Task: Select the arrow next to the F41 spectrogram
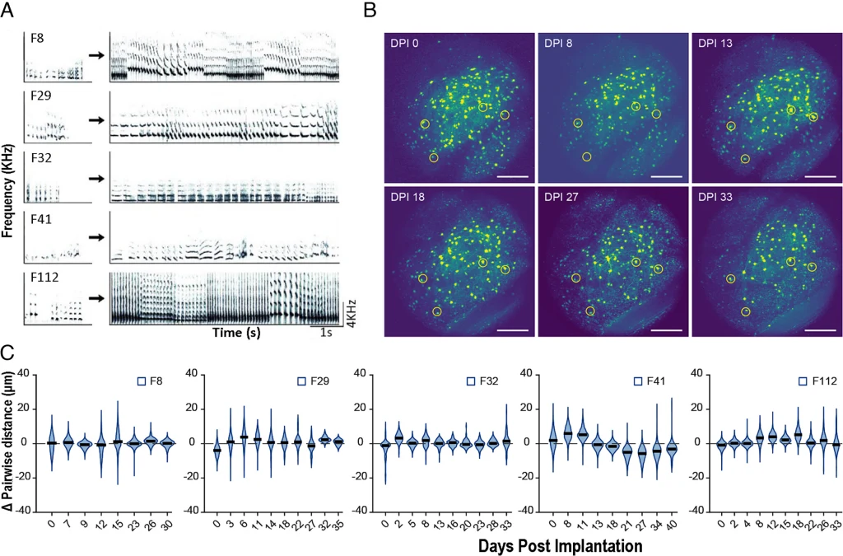point(95,236)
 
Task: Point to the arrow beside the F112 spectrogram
point(95,299)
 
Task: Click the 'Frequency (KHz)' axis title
point(9,174)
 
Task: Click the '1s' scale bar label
point(325,333)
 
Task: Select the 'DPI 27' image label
point(563,198)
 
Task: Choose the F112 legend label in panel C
point(823,381)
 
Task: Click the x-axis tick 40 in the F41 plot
point(672,521)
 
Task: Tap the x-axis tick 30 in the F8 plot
point(167,521)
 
